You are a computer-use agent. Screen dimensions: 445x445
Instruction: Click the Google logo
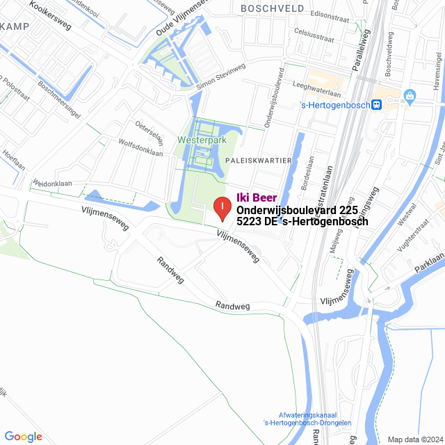click(23, 436)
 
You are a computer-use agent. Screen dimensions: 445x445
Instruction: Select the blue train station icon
click(376, 105)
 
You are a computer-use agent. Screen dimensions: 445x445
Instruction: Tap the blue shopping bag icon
click(410, 96)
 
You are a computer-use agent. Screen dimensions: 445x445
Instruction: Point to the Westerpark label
click(202, 140)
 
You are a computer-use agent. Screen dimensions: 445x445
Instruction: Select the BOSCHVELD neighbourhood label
click(272, 8)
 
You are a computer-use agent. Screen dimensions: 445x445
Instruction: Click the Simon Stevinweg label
click(221, 76)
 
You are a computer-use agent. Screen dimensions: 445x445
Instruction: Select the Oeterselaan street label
click(149, 130)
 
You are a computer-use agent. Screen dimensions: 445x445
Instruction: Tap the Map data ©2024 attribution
click(416, 439)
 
